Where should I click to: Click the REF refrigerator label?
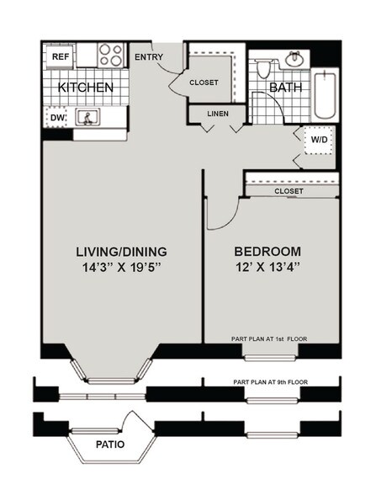coord(61,56)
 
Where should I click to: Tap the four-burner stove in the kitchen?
coord(111,56)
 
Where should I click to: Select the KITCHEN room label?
coord(85,88)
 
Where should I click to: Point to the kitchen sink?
coord(87,118)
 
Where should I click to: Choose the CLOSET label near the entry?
coord(204,82)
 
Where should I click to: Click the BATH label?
coord(284,87)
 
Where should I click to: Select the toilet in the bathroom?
coord(263,66)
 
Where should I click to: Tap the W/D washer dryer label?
coord(320,141)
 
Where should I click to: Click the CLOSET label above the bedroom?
coord(289,191)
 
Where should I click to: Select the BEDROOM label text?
coord(267,251)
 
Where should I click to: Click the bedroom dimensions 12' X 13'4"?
coord(267,269)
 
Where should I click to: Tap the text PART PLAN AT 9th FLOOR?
coord(270,382)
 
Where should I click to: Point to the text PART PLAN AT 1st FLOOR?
coord(270,339)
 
